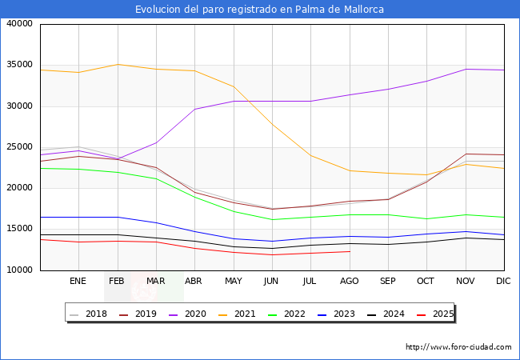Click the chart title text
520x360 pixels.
click(259, 10)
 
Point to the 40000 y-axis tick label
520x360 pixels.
click(18, 24)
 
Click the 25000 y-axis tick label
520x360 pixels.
click(18, 147)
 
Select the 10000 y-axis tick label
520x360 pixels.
click(18, 270)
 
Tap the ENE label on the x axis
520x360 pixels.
click(78, 282)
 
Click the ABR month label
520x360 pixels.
click(194, 282)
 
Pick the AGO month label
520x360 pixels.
click(349, 282)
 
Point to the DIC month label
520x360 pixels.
click(503, 282)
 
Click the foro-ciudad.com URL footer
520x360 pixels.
click(458, 347)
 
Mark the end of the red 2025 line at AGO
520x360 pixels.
click(349, 251)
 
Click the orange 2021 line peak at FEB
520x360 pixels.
click(118, 64)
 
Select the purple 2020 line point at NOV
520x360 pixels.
click(466, 69)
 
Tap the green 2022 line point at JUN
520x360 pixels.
click(272, 220)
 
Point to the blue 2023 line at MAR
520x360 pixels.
click(156, 222)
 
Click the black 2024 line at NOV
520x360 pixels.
click(466, 238)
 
